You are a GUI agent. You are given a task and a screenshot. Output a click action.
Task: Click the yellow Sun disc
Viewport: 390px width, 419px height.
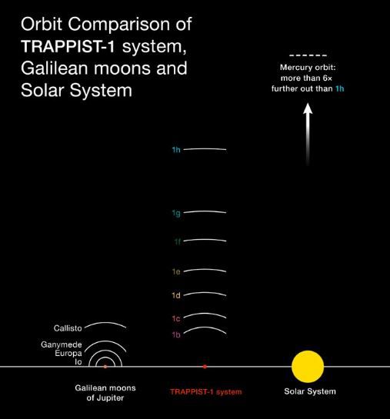pos(308,367)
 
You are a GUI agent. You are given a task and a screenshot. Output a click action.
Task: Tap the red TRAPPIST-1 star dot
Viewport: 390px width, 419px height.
pos(205,367)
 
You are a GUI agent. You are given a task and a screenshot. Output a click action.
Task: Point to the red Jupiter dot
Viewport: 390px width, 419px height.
pos(105,367)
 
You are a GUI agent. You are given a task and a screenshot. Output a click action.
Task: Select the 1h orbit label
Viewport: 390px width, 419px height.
pos(176,150)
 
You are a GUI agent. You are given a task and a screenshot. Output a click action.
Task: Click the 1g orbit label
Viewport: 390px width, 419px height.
pos(176,213)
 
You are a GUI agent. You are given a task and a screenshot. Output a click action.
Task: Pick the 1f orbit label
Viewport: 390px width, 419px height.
pos(178,241)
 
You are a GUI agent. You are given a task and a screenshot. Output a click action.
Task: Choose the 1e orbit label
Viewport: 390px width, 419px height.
pos(176,271)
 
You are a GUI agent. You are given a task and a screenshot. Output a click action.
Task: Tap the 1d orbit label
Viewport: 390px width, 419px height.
pos(176,295)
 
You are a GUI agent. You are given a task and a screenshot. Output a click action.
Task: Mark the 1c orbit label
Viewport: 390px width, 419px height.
pos(176,318)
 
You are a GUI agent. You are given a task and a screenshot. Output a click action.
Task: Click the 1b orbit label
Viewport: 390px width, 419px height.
pos(176,334)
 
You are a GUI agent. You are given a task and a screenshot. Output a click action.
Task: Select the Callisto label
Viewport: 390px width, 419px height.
pos(68,328)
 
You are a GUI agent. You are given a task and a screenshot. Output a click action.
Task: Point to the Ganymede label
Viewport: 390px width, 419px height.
pos(62,344)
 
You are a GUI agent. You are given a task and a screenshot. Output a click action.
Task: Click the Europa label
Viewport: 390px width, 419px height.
pos(68,354)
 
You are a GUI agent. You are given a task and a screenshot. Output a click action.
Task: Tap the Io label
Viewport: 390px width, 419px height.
pos(78,362)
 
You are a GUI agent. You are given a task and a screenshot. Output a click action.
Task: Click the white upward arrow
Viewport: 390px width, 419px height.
pos(308,135)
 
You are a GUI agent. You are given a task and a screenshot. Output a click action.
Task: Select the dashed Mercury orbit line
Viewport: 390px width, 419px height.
pos(308,55)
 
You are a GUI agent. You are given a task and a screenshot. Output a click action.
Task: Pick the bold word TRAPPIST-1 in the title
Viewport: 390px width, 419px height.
pos(68,46)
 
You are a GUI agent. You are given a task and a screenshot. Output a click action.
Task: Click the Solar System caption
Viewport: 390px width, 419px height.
pos(310,391)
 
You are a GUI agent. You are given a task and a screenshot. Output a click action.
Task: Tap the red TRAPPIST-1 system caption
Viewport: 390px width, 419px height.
pos(206,392)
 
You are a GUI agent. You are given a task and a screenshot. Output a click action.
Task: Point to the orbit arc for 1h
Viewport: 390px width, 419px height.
pos(205,149)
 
